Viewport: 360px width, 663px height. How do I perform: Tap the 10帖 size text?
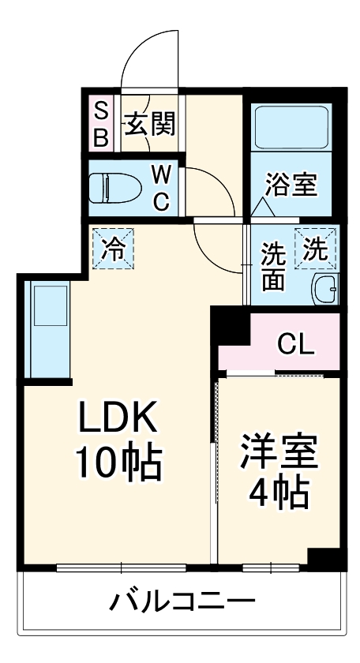pos(118,463)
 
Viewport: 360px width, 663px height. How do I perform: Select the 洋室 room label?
pos(279,451)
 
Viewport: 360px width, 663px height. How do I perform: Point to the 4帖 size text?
pos(279,495)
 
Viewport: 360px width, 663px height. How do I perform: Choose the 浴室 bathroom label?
pos(291,186)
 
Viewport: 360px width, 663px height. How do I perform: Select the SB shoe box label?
pos(101,124)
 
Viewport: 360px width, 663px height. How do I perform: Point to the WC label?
pos(161,187)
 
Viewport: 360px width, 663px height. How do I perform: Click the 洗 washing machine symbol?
pos(316,249)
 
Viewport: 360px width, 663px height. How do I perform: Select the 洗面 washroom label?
pos(273,268)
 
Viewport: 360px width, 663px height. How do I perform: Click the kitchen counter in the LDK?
pos(48,331)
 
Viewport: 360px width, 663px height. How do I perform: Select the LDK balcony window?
pos(121,567)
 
